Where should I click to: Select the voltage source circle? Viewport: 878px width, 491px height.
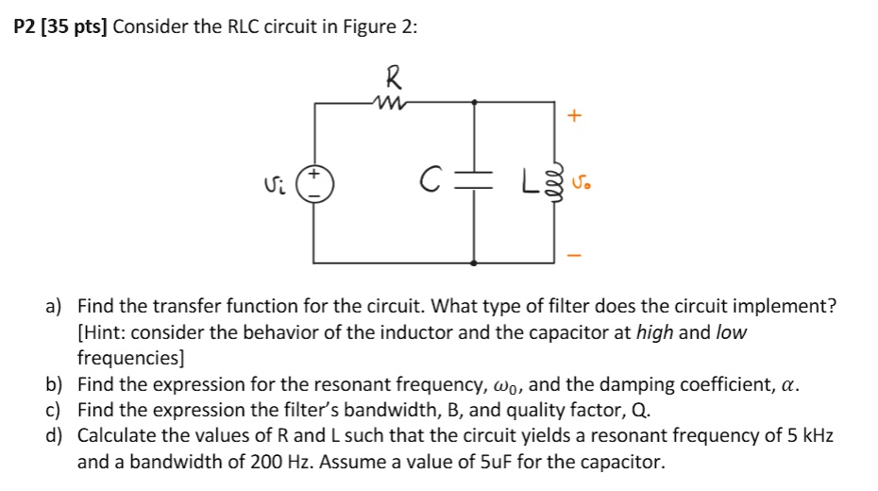click(x=314, y=181)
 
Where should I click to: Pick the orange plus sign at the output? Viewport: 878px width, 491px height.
click(x=575, y=115)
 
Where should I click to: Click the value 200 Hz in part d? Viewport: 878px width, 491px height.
click(x=266, y=463)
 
